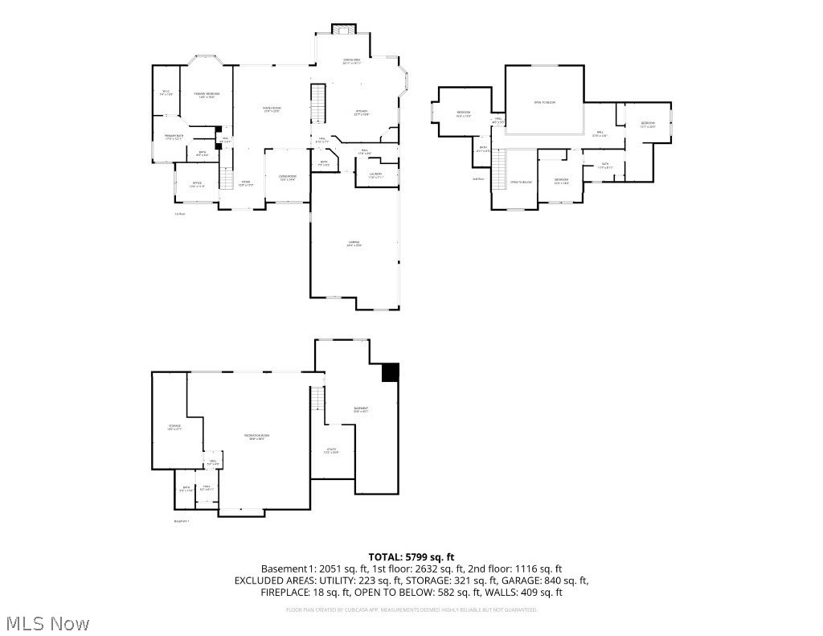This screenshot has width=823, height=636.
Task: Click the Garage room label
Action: coord(354,244)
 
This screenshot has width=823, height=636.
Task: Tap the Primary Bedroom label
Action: coord(207,96)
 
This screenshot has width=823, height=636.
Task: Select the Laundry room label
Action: coord(376,175)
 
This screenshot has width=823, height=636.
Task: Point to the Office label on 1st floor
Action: coord(197,185)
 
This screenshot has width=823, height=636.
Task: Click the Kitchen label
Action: coord(362,113)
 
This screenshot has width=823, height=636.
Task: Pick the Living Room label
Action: coord(288,178)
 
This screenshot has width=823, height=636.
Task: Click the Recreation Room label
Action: coord(257,437)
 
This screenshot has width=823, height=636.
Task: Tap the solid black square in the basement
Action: coord(390,372)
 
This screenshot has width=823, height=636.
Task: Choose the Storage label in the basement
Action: coord(174,427)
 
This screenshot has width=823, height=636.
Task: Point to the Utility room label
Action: coord(331,451)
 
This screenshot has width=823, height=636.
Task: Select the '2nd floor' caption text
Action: coord(478,178)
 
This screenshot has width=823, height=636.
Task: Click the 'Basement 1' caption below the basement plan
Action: coord(182,521)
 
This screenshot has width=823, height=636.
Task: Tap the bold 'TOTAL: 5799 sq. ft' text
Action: coord(411,556)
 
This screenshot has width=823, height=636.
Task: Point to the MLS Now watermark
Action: coord(48,623)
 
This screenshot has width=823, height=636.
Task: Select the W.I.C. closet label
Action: coord(166,93)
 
